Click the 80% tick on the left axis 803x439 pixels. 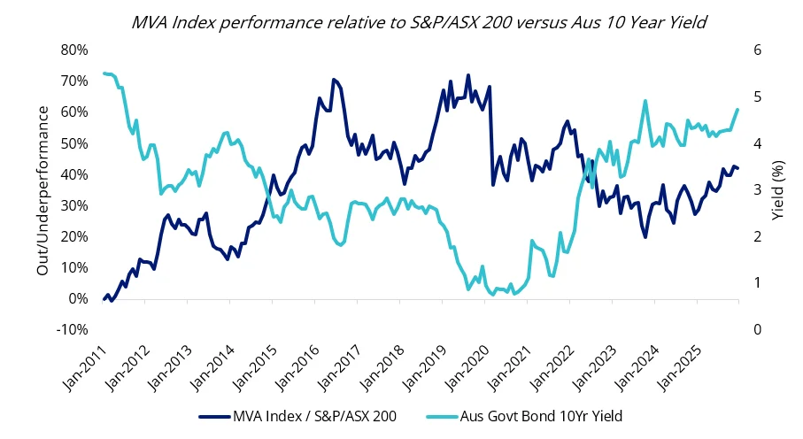pyautogui.click(x=74, y=50)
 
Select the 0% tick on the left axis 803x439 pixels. pyautogui.click(x=79, y=298)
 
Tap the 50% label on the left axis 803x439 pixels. pyautogui.click(x=74, y=143)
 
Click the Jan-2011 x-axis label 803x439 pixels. pyautogui.click(x=87, y=365)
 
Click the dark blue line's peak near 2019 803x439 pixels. pyautogui.click(x=468, y=75)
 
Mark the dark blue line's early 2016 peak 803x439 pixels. pyautogui.click(x=334, y=80)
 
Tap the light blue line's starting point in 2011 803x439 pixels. pyautogui.click(x=104, y=73)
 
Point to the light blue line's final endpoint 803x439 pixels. pyautogui.click(x=738, y=110)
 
